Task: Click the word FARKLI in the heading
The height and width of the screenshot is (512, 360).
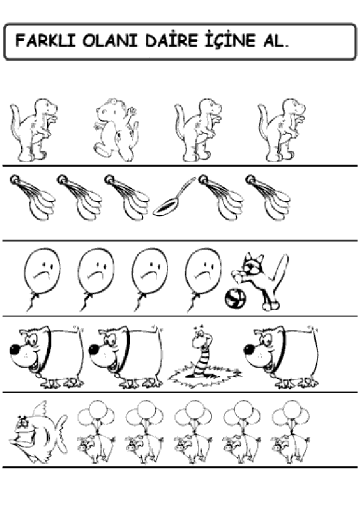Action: pos(45,41)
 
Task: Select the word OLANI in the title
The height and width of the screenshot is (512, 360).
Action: pos(110,41)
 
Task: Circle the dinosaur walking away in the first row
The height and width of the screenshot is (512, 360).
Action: pos(117,130)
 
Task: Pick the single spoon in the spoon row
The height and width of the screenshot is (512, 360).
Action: pos(175,197)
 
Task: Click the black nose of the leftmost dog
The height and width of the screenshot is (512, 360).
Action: pos(15,350)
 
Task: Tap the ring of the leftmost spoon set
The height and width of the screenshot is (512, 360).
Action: pos(15,180)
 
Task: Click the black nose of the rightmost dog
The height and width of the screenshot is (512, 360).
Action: pos(250,350)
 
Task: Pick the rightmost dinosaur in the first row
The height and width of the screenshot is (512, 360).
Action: pos(282,130)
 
